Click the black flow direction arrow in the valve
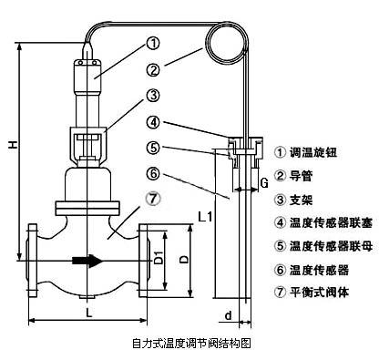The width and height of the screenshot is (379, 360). click(88, 260)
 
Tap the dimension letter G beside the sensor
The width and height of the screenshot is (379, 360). click(263, 183)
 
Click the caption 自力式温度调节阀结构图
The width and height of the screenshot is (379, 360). click(190, 345)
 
